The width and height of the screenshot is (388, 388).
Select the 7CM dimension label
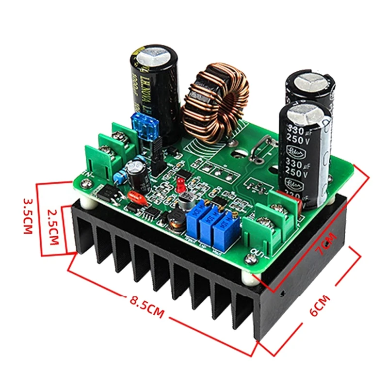point(324,243)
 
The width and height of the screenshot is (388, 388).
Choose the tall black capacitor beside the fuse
point(152,92)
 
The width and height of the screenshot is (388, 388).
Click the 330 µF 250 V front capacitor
point(305,153)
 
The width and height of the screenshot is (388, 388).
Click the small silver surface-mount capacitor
point(185,199)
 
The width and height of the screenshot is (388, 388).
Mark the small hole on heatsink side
point(283,293)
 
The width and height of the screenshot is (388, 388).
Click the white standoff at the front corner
point(253,277)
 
